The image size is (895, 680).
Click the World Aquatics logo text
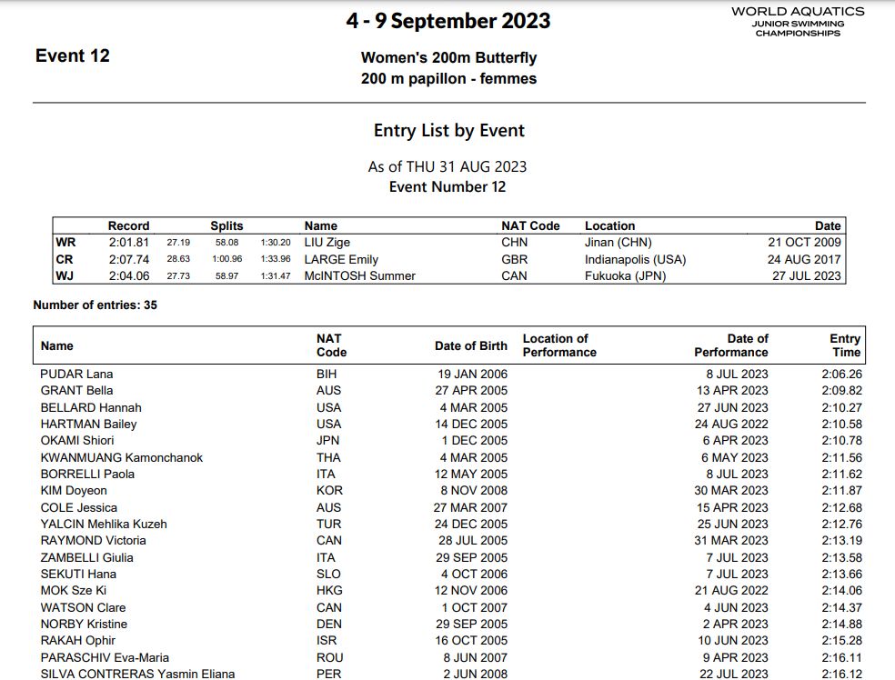pos(798,13)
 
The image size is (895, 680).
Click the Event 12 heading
pos(73,55)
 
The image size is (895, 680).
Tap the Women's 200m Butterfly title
pos(448,57)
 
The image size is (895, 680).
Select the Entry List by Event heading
pos(448,131)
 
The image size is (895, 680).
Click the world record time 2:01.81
pos(128,243)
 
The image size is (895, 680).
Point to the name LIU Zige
pos(327,243)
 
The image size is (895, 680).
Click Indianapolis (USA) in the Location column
pos(635,259)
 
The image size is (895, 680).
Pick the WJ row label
pos(65,275)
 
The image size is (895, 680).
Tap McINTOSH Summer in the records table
pos(359,275)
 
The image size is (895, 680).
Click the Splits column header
pos(226,225)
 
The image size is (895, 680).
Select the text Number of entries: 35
pos(95,305)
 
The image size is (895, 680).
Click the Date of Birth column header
pos(470,345)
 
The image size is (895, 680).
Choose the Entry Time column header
pos(845,345)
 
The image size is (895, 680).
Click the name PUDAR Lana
pos(76,374)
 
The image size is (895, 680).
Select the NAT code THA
pos(328,457)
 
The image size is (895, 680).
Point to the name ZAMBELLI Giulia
pos(86,557)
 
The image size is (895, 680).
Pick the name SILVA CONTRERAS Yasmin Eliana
pos(137,674)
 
